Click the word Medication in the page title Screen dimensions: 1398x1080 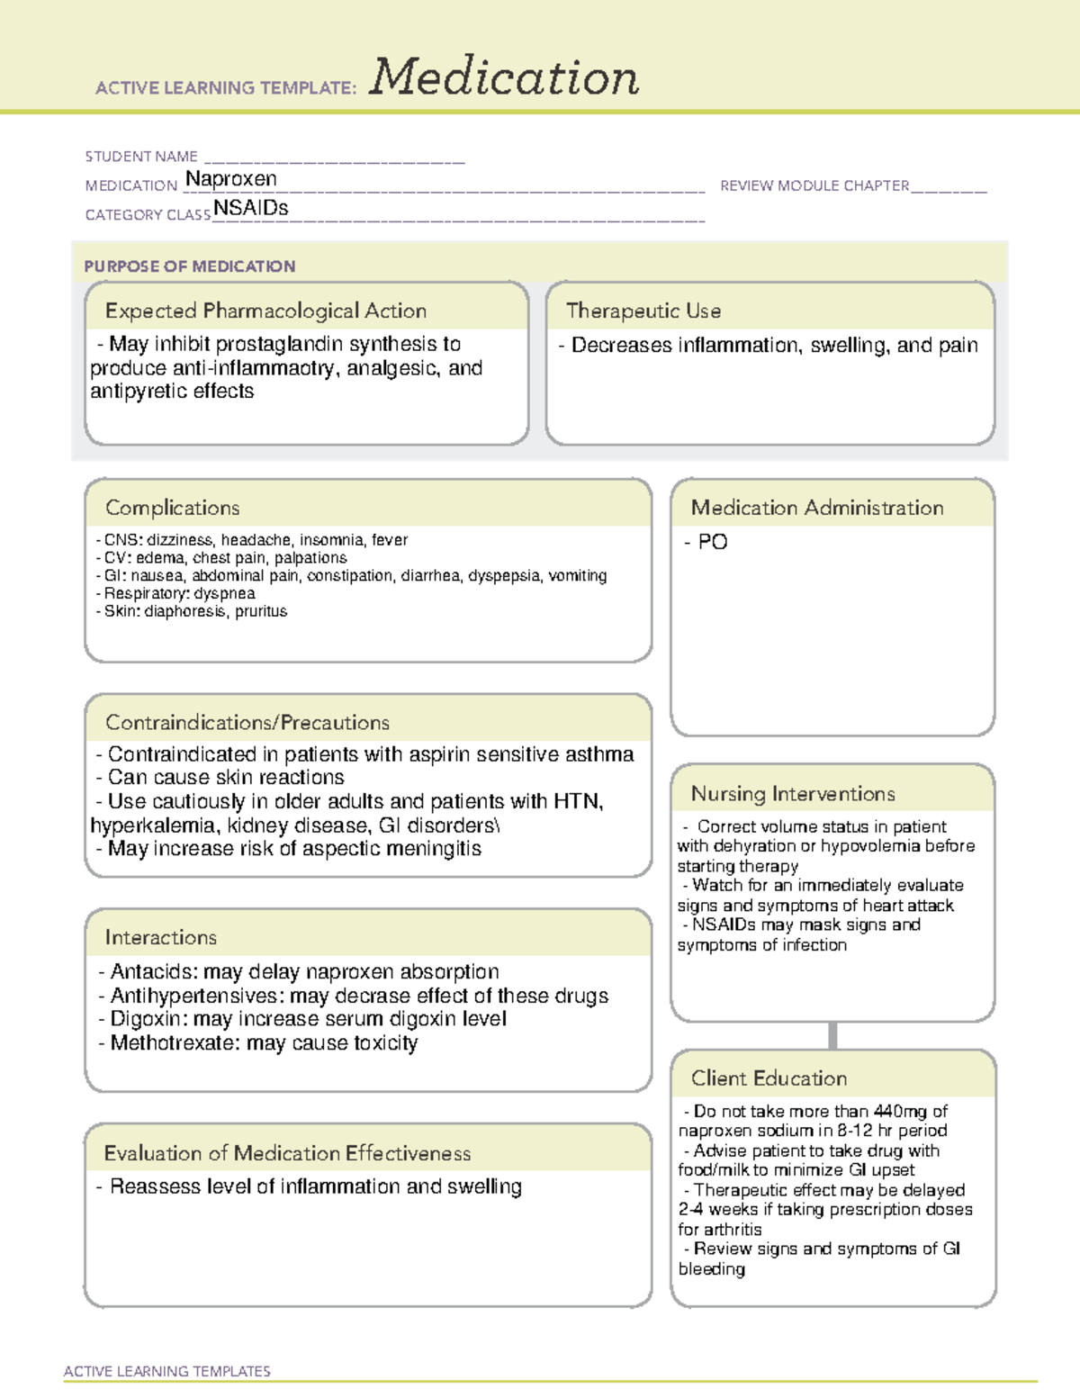[x=504, y=77]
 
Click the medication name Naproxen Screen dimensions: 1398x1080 [x=231, y=179]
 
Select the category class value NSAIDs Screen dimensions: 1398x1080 [x=251, y=208]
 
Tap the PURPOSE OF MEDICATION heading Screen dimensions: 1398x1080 [x=190, y=266]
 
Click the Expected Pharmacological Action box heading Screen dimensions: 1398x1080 [x=265, y=311]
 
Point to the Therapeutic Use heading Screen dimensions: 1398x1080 [x=643, y=311]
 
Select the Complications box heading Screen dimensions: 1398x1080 [x=173, y=508]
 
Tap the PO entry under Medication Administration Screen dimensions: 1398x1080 [x=712, y=542]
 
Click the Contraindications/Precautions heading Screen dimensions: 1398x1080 [x=247, y=722]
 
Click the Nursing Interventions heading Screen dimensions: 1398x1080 [x=793, y=794]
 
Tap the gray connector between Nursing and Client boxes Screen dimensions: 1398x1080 [x=832, y=1035]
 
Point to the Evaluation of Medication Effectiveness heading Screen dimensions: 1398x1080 [x=287, y=1153]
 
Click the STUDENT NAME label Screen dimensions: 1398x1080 [x=141, y=157]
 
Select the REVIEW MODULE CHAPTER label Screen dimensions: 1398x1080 [x=814, y=185]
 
